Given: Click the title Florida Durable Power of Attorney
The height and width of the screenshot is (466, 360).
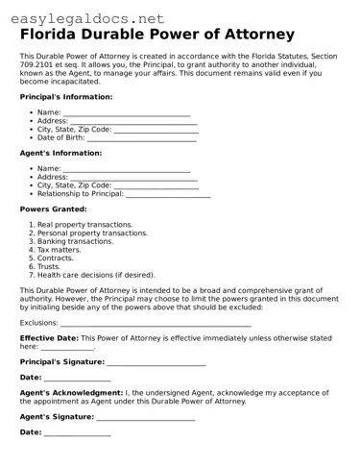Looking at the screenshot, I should pyautogui.click(x=170, y=36).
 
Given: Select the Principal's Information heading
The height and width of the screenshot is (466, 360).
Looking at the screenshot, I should pyautogui.click(x=66, y=97).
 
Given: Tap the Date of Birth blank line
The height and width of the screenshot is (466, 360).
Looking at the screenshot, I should pyautogui.click(x=141, y=138).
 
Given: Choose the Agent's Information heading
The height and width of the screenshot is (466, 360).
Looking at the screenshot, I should pyautogui.click(x=60, y=153).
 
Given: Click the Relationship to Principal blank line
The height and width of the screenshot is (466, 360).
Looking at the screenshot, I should pyautogui.click(x=168, y=194).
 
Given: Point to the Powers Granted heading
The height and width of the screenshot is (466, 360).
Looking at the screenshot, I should pyautogui.click(x=53, y=208).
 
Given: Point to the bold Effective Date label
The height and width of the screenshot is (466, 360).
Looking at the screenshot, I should pyautogui.click(x=49, y=338).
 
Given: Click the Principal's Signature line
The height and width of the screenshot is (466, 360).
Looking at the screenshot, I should pyautogui.click(x=156, y=363).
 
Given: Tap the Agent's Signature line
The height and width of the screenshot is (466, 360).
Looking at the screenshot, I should pyautogui.click(x=145, y=419).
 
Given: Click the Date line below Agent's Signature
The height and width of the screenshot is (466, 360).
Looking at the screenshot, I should pyautogui.click(x=77, y=434).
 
